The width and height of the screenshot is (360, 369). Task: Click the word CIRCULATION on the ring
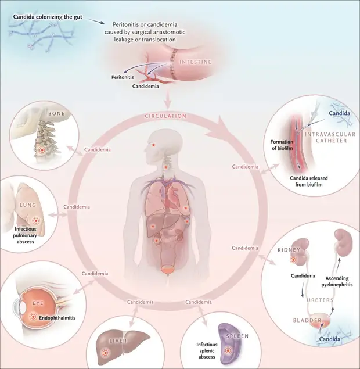[165, 116]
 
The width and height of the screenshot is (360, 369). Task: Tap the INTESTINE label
[196, 62]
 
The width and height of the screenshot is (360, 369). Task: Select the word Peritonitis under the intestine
[123, 77]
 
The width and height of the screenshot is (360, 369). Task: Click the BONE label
[56, 113]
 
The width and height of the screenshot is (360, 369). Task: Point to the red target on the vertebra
[42, 150]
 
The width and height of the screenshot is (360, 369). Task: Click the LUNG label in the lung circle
[28, 205]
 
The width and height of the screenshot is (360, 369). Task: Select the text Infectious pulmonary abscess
[25, 235]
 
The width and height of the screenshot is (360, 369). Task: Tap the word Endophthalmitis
[57, 318]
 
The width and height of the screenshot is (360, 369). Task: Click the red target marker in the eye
[34, 317]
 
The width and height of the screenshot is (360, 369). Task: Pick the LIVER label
[118, 341]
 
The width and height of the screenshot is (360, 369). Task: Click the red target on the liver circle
[105, 353]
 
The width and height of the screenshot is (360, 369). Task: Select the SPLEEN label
[237, 336]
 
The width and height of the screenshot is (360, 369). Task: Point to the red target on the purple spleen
[228, 350]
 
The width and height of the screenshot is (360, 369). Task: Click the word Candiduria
[303, 275]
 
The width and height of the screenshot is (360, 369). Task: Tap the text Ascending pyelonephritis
[337, 281]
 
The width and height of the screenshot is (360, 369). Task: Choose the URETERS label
[320, 300]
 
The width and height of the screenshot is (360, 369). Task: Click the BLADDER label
[307, 320]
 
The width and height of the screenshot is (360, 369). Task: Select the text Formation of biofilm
[282, 145]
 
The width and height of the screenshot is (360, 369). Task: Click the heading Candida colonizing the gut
[48, 17]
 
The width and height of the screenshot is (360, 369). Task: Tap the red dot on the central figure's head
[153, 145]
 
